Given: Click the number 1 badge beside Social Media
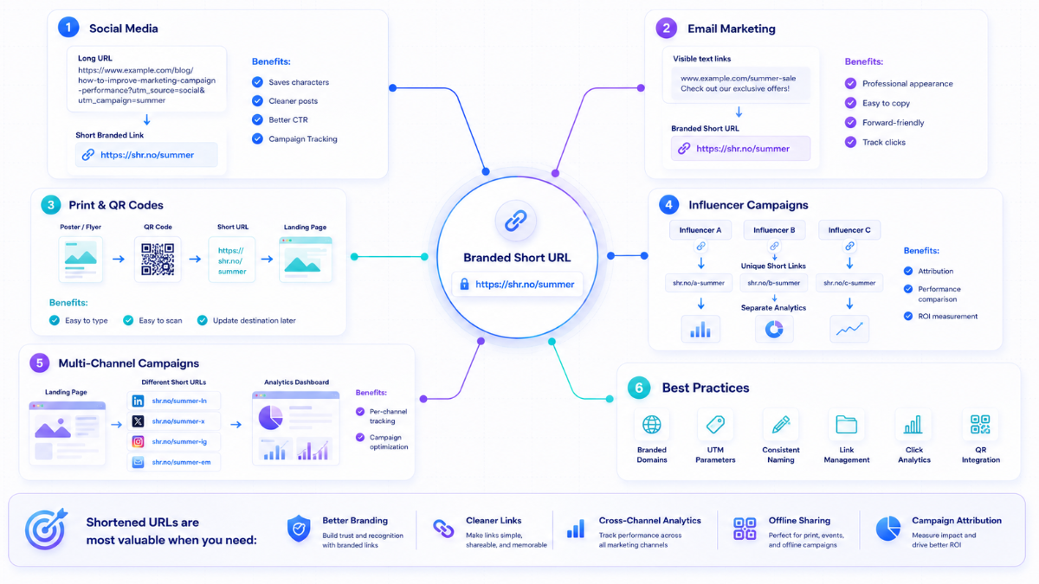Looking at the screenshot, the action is (68, 28).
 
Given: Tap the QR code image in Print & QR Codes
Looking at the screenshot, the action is (158, 259).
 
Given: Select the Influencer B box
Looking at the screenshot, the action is (774, 230).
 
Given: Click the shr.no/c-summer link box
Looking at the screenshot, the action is (849, 283).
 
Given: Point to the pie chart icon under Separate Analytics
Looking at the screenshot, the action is (774, 330).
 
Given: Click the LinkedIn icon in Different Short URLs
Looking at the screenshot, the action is (138, 401).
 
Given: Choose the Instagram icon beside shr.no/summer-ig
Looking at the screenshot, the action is (138, 442).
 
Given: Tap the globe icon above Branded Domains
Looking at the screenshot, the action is (652, 424).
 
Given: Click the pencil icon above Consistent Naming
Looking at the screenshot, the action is (781, 424).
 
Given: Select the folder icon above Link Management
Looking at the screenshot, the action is (847, 424).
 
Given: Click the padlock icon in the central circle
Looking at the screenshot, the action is (464, 284).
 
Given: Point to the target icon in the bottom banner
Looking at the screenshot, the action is (46, 529).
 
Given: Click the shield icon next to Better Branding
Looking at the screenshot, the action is (299, 529).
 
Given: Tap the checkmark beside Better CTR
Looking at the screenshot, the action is (257, 119).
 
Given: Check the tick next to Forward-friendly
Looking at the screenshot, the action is (850, 122).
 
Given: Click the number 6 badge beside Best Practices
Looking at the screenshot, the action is (639, 388).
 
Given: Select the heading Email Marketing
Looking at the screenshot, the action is (732, 29).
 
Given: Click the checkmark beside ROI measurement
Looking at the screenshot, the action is (908, 316).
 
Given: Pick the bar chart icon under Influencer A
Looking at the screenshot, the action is (700, 330).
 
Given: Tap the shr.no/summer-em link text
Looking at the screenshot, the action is (181, 462).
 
